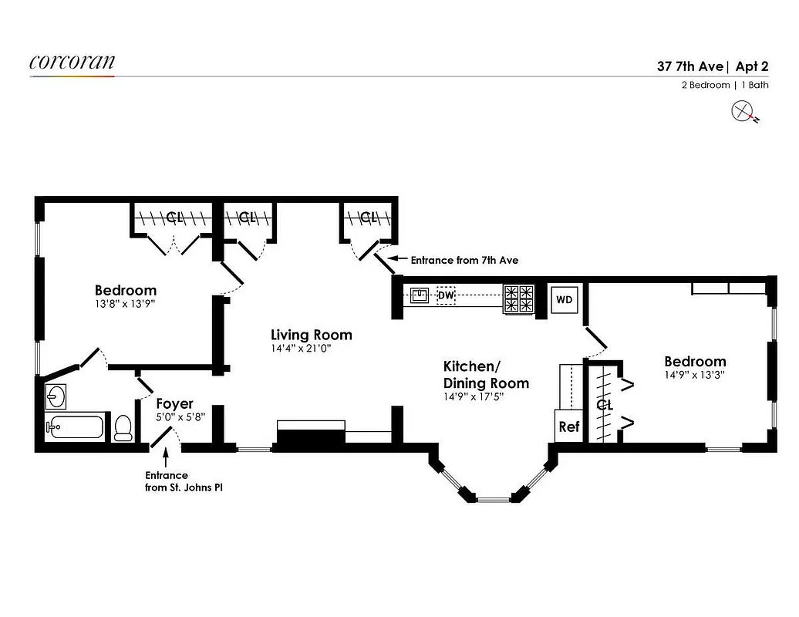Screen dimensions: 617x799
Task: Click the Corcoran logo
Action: pos(72,62)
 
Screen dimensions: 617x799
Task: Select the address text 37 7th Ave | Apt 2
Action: pos(713,66)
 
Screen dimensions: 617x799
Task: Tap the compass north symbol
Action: pos(743,113)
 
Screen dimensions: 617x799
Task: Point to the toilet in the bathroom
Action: pos(123,428)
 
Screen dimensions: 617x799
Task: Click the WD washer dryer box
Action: pos(565,300)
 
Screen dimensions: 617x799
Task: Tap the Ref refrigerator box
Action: pos(568,427)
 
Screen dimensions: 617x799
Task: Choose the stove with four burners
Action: pos(518,299)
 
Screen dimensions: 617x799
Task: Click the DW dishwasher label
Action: pos(447,295)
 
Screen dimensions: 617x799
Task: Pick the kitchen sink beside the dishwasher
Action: pos(419,294)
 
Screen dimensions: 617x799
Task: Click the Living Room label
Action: pos(311,335)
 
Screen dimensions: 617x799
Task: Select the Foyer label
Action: pos(174,403)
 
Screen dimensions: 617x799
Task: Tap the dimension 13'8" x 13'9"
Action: pos(125,305)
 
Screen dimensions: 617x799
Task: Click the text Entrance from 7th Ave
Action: pos(464,261)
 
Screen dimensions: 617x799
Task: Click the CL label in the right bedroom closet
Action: pos(605,404)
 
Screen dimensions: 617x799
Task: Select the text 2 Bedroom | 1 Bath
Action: pos(724,85)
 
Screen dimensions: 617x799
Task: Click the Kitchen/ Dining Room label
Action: pos(486,374)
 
